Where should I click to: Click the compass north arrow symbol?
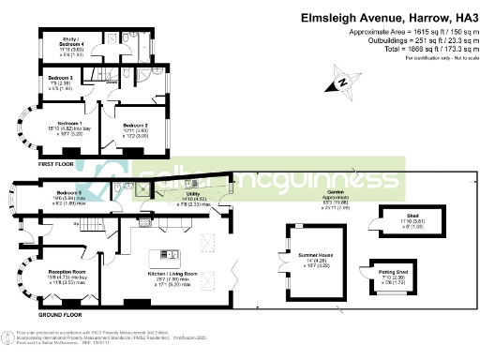tap(344, 83)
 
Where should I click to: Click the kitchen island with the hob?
tap(171, 253)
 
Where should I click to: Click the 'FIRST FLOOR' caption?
tap(30, 162)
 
